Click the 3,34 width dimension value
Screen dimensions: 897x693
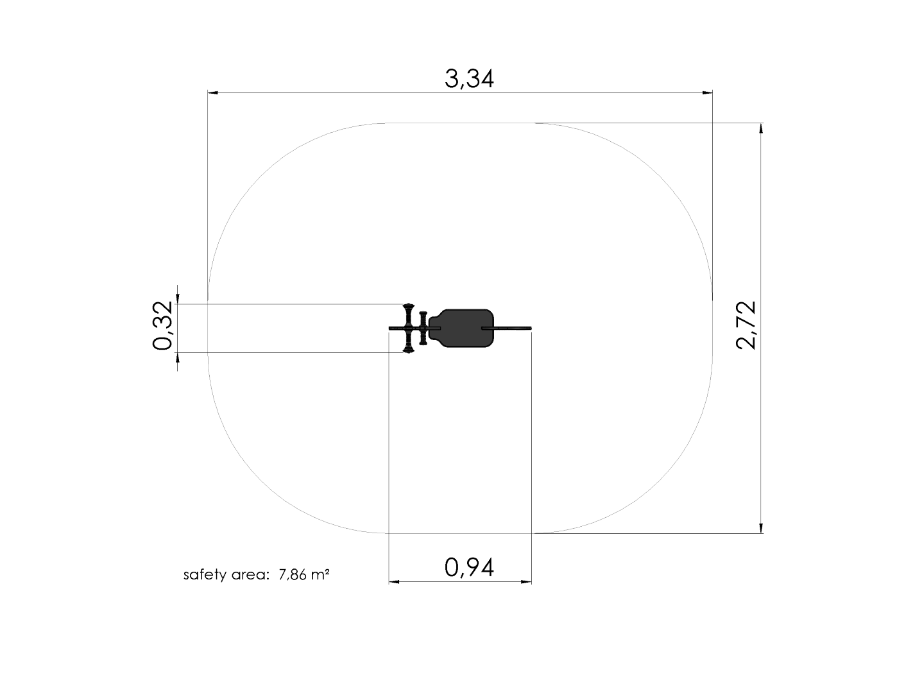(469, 79)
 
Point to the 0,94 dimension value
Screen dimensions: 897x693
(469, 567)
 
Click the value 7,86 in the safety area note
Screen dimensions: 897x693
(293, 574)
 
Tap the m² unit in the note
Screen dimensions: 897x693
(320, 574)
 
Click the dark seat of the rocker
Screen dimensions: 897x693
(461, 328)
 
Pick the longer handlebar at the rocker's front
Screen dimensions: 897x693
(409, 328)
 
